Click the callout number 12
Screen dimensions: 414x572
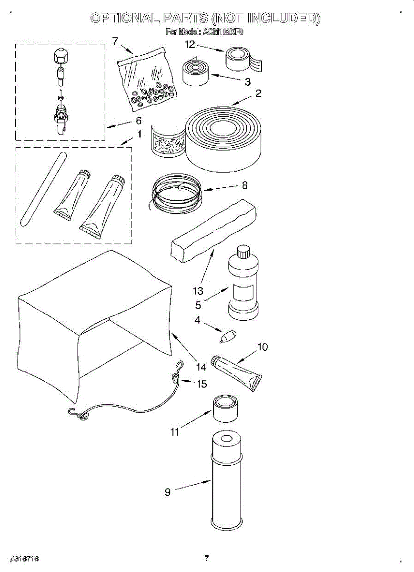click(x=190, y=45)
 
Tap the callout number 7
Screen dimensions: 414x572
click(x=115, y=41)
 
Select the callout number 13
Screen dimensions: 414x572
click(x=198, y=291)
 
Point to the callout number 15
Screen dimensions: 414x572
click(x=202, y=384)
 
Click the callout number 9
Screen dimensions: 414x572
click(x=168, y=492)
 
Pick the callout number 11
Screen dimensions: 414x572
click(x=175, y=432)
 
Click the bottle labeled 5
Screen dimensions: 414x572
click(x=243, y=286)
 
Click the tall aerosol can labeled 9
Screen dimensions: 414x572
click(x=227, y=481)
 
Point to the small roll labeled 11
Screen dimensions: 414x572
click(x=225, y=408)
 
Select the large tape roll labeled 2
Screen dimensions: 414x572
click(x=224, y=138)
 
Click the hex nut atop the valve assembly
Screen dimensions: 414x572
click(x=60, y=57)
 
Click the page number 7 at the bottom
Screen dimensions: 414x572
click(x=206, y=558)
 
